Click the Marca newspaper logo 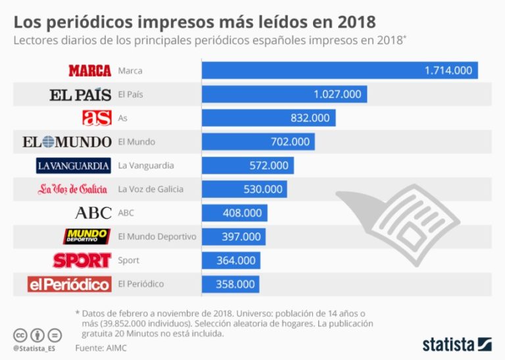89,70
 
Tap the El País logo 80,94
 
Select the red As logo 97,118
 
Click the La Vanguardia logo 73,165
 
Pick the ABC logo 93,213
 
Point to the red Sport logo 82,260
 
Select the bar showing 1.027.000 284,94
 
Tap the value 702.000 290,141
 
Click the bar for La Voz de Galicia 244,189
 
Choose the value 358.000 235,284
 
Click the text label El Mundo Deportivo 156,236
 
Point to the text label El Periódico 141,284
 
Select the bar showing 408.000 234,213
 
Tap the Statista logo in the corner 457,344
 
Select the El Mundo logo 66,141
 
